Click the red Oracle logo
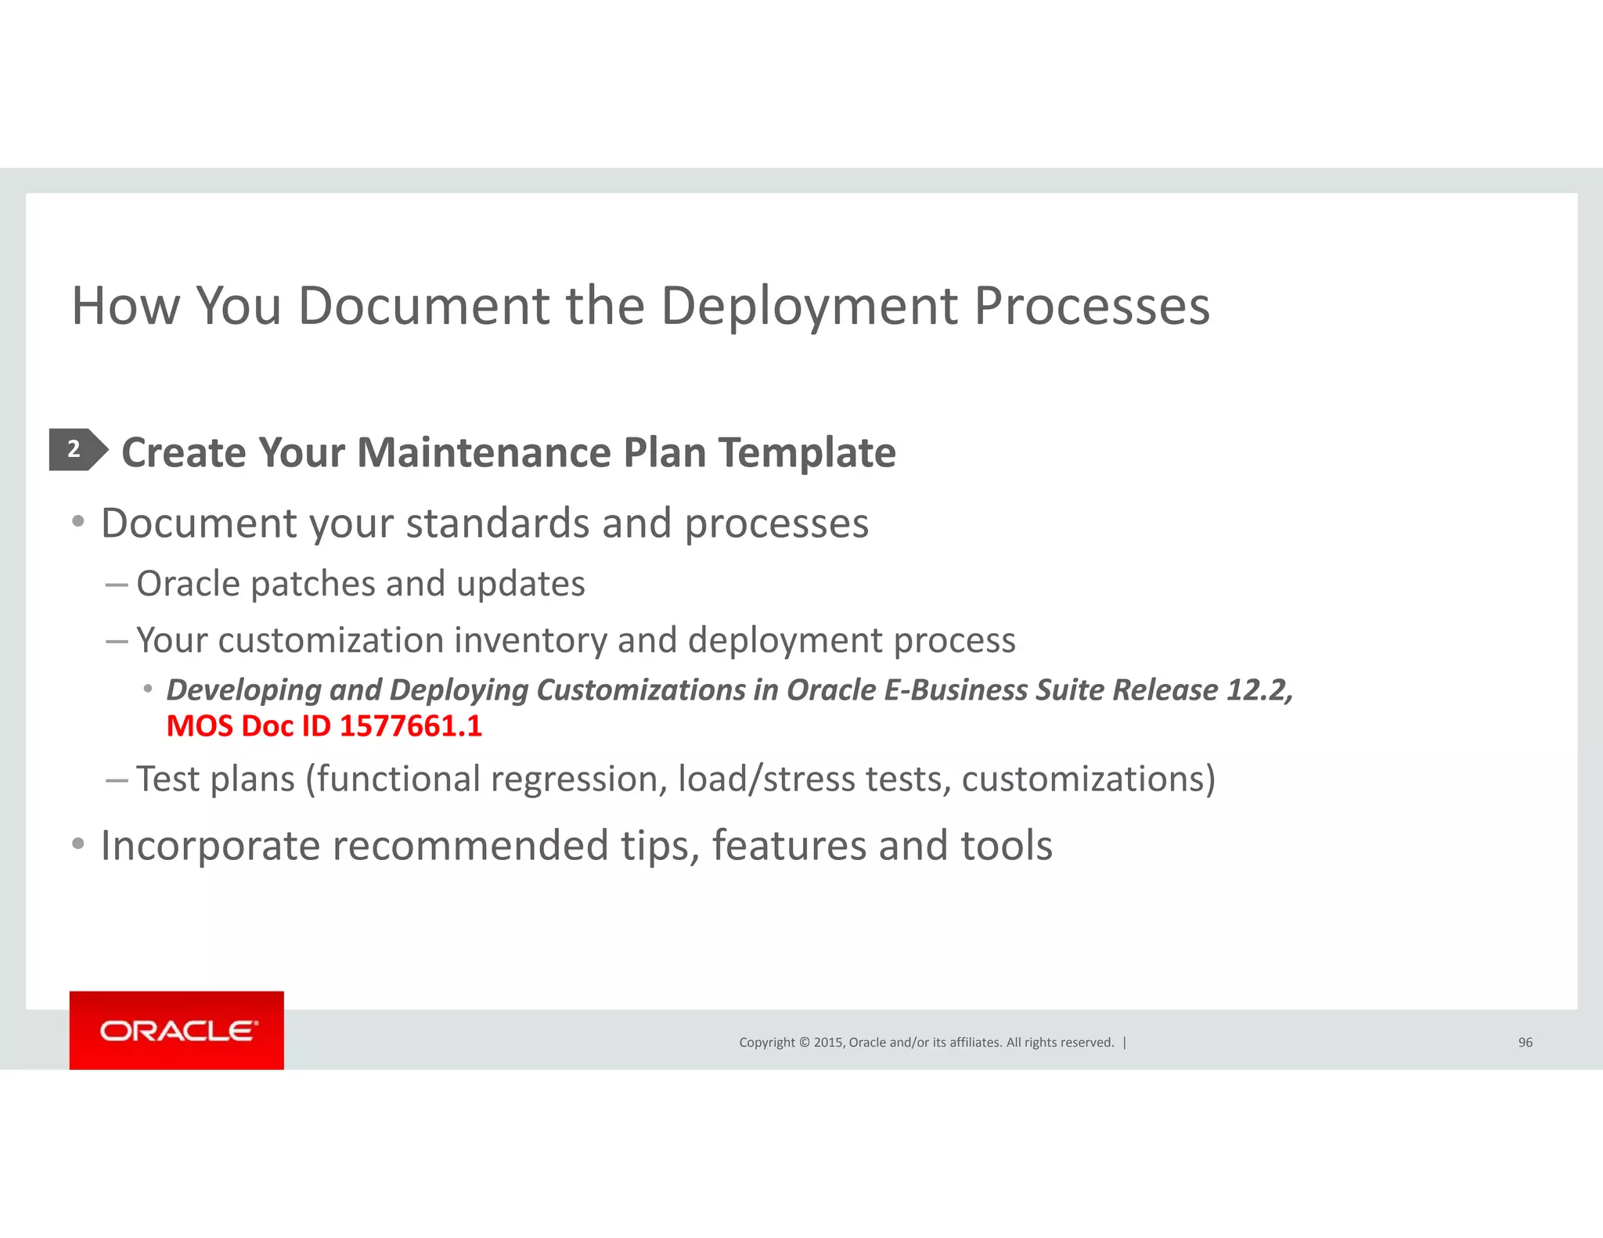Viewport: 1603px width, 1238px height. click(x=177, y=1030)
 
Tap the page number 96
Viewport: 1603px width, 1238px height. click(x=1525, y=1042)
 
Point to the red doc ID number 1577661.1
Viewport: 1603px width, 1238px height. click(x=411, y=726)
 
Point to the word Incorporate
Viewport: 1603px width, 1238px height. click(x=211, y=846)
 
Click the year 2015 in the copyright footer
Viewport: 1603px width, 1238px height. click(x=827, y=1042)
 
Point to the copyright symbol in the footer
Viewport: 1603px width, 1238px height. click(x=803, y=1042)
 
